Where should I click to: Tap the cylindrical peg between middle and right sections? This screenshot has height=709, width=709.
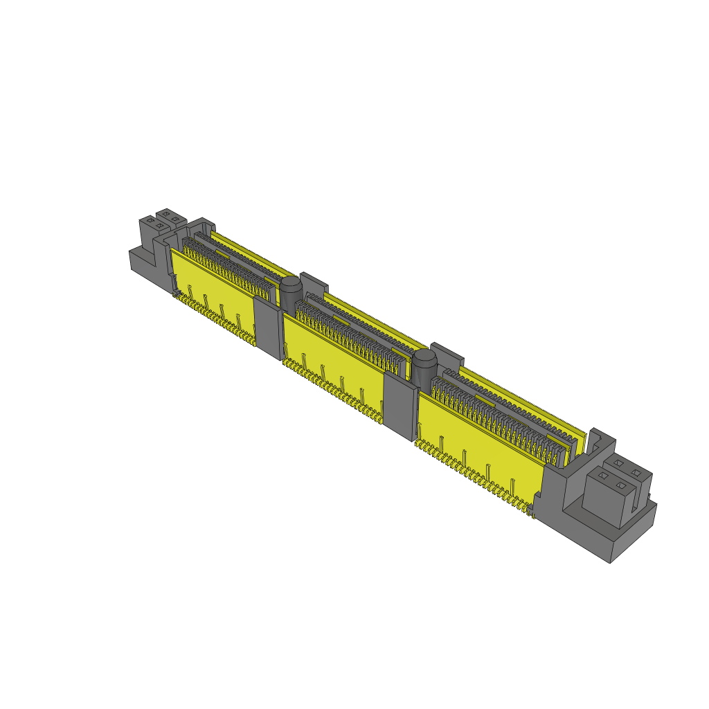point(424,367)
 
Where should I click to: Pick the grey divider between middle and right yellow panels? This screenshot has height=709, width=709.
point(399,405)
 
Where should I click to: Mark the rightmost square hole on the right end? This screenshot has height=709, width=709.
point(636,472)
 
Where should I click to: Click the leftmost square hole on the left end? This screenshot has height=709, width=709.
point(150,220)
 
